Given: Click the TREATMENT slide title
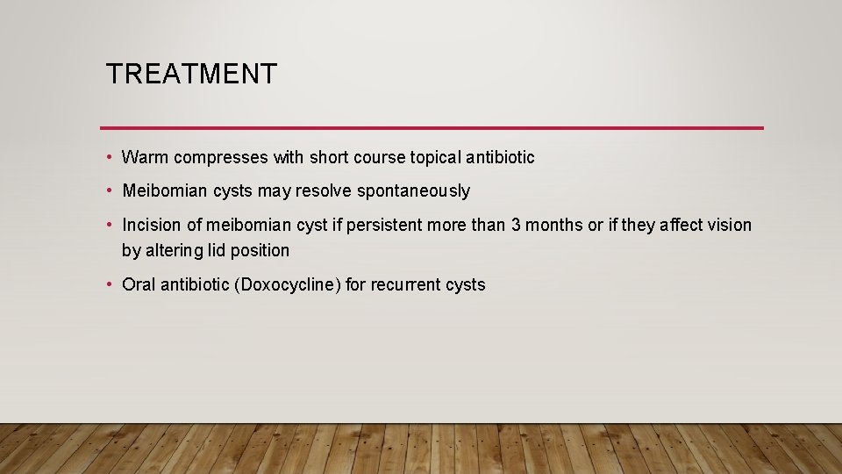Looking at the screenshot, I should point(190,74).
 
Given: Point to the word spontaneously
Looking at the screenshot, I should point(415,191).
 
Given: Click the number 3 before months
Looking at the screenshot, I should point(517,226).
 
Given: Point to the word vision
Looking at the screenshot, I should point(730,226).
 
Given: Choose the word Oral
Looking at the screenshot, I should point(139,285).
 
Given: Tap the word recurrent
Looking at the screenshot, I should point(409,285).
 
